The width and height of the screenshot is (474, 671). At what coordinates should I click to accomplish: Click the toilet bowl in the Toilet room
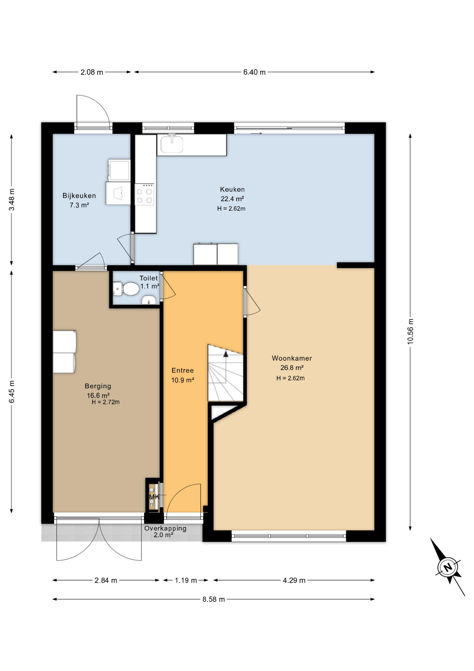click(x=130, y=289)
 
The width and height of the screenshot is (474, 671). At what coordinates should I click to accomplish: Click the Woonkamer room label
click(x=292, y=358)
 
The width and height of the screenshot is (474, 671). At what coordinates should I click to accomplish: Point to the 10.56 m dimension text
click(x=410, y=331)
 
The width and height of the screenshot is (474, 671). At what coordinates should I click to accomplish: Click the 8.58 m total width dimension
click(x=214, y=599)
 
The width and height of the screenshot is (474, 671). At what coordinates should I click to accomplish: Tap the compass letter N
click(x=448, y=567)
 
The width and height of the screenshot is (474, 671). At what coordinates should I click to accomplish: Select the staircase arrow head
click(x=226, y=354)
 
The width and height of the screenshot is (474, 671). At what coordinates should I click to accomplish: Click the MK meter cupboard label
click(x=154, y=497)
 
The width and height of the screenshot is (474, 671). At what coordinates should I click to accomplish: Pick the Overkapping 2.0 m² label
click(x=165, y=532)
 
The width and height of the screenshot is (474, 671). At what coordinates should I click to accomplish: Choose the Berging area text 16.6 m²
click(x=98, y=396)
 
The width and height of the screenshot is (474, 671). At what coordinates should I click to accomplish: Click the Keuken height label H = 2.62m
click(x=231, y=209)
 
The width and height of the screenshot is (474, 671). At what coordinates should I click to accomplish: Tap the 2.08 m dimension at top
click(x=92, y=72)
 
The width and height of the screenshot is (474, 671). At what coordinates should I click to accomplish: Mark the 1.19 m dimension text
click(x=186, y=580)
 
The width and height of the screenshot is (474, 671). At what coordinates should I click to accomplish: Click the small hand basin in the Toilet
click(x=149, y=300)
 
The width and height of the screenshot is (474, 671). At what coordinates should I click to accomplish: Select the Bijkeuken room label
click(x=79, y=196)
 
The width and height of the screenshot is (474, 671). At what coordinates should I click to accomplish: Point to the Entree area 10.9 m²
click(x=183, y=380)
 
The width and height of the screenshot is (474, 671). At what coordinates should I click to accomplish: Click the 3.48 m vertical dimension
click(x=12, y=200)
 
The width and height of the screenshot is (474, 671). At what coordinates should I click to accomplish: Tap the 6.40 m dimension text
click(x=254, y=72)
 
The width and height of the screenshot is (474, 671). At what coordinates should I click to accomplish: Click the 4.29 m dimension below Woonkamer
click(x=294, y=580)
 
